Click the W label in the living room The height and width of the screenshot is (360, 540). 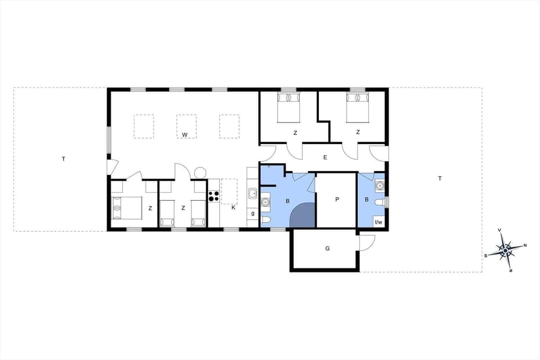point(184,135)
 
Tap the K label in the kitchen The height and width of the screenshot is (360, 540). point(233,208)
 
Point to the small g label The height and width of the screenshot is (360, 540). point(253,213)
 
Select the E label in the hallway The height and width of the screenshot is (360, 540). point(325,158)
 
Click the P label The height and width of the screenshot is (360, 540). point(337,200)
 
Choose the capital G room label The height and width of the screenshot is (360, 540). point(327,248)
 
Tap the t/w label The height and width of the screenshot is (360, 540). point(379,222)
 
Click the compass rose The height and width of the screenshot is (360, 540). point(506,250)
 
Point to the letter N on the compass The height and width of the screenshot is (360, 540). point(525,245)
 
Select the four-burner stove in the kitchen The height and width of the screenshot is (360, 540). point(214,196)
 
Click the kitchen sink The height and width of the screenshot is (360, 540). point(253,194)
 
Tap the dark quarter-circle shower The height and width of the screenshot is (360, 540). point(303,216)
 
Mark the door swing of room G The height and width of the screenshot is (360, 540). point(366,241)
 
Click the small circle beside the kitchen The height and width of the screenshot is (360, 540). point(199,172)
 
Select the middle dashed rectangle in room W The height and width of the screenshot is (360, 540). point(186,126)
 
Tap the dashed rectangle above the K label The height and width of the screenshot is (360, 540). point(229,191)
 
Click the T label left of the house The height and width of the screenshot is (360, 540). point(64,159)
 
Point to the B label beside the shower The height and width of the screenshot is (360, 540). point(287,201)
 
